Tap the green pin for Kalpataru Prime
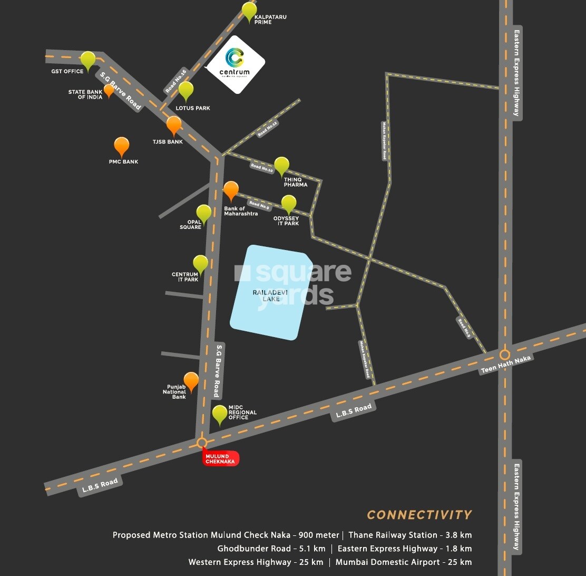tap(249, 11)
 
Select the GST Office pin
tap(88, 60)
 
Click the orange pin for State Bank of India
tap(109, 90)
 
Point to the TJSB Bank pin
tap(174, 126)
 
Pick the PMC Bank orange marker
tap(122, 146)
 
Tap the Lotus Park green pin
tap(185, 90)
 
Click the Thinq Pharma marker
tap(282, 166)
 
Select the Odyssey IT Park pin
tap(289, 204)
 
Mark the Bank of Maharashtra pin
tap(231, 190)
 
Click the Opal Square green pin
tap(204, 214)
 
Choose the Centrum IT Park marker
tap(200, 263)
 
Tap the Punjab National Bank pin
tap(191, 381)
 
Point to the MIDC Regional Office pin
tap(220, 415)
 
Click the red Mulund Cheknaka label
tap(221, 458)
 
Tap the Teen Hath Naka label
tap(506, 364)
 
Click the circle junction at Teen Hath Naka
tap(505, 354)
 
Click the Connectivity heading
tap(419, 515)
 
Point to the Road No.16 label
tap(177, 81)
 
